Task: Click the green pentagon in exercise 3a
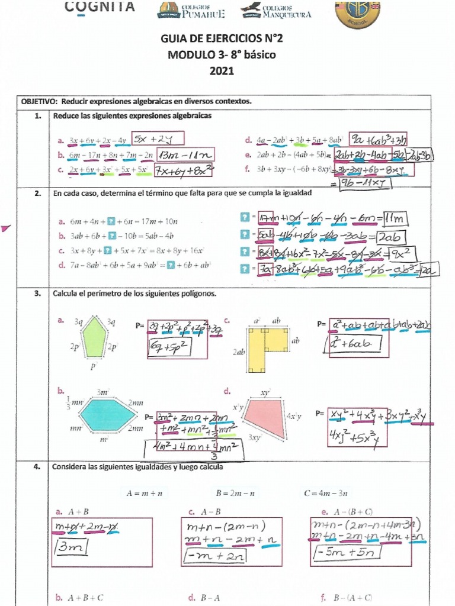[x=92, y=338]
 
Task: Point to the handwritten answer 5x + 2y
[x=158, y=139]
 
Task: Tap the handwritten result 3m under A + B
[x=73, y=548]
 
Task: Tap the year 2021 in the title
[x=222, y=71]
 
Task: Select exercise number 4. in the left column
[x=37, y=467]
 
